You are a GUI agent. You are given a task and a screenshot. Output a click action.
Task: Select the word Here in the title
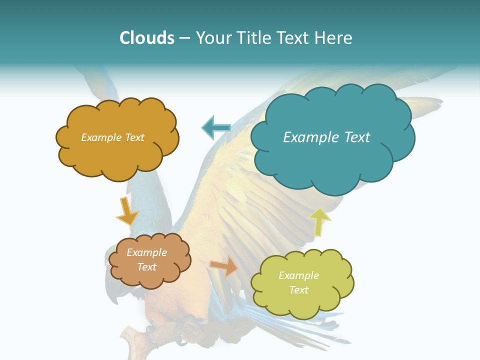tap(333, 38)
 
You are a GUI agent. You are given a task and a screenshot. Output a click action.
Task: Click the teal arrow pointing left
tap(216, 128)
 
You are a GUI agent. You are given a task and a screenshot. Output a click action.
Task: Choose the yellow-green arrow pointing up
tap(320, 221)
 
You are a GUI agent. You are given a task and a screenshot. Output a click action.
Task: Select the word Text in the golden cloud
tap(133, 137)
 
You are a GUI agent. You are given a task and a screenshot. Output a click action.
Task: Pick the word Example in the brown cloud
tap(146, 252)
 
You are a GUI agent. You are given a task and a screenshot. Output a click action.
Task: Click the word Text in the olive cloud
tap(298, 290)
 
